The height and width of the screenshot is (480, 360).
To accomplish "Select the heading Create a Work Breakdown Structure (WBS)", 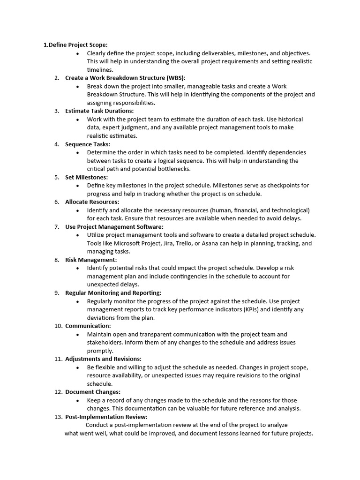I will pyautogui.click(x=128, y=78).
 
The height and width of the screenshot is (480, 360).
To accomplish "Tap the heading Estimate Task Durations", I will pyautogui.click(x=99, y=111).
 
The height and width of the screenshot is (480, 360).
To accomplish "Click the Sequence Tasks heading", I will pyautogui.click(x=88, y=144).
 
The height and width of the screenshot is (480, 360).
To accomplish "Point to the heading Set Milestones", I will pyautogui.click(x=86, y=177).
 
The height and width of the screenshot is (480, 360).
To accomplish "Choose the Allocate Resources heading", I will pyautogui.click(x=92, y=202).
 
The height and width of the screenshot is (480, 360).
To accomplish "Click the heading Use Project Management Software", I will pyautogui.click(x=114, y=227).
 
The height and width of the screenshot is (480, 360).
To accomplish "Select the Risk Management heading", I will pyautogui.click(x=91, y=260).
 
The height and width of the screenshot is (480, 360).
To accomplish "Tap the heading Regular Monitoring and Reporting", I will pyautogui.click(x=113, y=293).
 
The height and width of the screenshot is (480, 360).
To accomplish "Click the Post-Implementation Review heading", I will pyautogui.click(x=106, y=417).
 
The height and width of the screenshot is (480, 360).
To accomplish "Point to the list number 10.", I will pyautogui.click(x=58, y=326).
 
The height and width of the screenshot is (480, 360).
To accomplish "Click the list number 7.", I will pyautogui.click(x=56, y=227).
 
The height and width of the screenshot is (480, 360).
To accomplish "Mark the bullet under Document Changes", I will pyautogui.click(x=77, y=400).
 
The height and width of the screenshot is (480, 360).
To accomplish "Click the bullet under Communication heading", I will pyautogui.click(x=77, y=334).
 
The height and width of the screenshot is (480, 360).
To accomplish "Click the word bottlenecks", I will pyautogui.click(x=173, y=169).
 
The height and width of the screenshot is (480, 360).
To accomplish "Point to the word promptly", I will pyautogui.click(x=100, y=351).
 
